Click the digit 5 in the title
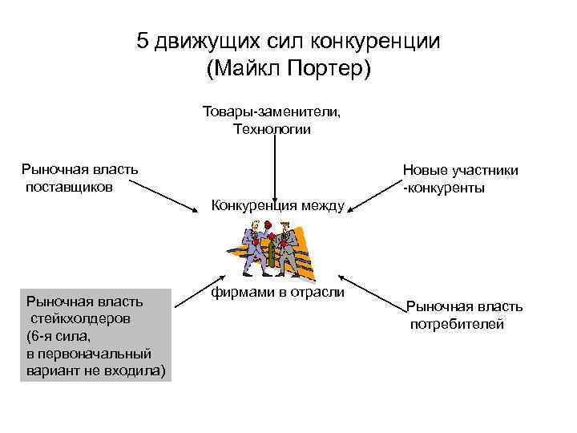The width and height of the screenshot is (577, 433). point(143,42)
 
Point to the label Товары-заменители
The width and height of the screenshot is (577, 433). point(272,111)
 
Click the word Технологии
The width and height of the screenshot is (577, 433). point(272,129)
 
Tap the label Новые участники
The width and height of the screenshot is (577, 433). point(460,170)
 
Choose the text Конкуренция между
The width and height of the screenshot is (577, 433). point(277,206)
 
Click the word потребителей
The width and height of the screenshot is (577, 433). point(458,324)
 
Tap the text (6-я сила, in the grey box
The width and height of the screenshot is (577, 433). point(59,336)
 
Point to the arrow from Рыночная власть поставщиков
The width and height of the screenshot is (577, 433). point(163,195)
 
